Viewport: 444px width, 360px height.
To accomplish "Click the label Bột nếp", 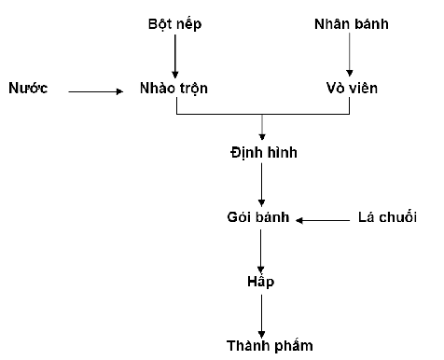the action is click(174, 24).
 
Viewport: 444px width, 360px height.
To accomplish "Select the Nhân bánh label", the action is click(352, 24).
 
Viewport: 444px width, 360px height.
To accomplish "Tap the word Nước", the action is click(28, 88).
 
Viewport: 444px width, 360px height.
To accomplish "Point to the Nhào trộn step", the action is click(173, 89).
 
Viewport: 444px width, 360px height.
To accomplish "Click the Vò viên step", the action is click(352, 88).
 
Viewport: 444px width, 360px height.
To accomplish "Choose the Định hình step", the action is click(264, 152).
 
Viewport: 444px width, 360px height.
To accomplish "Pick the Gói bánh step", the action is click(258, 216).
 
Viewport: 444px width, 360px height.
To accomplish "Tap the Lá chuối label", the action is click(387, 216).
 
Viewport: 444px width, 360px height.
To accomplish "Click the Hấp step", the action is click(261, 282).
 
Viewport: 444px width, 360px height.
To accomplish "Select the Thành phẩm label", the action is click(270, 346).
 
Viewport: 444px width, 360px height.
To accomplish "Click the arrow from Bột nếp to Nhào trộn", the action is click(175, 56).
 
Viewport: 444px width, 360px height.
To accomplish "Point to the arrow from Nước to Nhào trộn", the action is click(96, 91).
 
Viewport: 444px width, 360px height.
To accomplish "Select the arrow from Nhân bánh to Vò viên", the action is click(350, 54).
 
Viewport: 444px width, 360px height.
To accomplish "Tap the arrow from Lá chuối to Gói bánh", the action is click(323, 220).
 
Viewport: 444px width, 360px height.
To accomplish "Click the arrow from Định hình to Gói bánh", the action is click(261, 185).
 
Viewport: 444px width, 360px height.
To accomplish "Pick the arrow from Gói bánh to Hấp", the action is click(260, 251).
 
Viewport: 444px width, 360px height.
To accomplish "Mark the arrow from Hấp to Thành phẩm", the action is click(261, 316).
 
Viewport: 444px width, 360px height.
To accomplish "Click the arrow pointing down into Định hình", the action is click(262, 127).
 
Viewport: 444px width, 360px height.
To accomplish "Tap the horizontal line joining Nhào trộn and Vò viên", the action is click(263, 114).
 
